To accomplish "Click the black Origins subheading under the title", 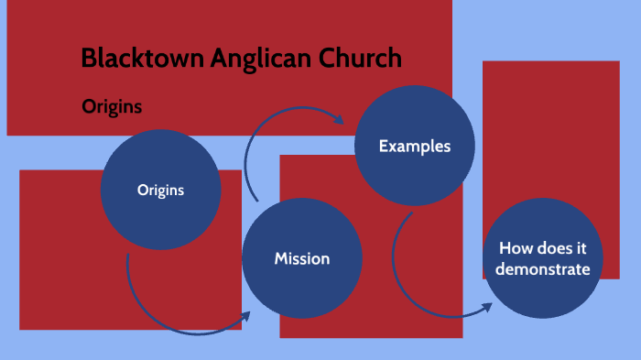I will pos(112,106).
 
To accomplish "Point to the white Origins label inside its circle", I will pos(160,191).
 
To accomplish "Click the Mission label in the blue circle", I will pos(302,259).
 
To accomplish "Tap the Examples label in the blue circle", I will pos(414,146).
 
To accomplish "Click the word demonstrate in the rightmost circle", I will pos(545,269).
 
